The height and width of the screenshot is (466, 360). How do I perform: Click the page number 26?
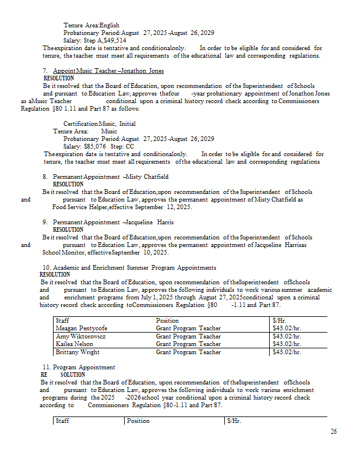pos(333,432)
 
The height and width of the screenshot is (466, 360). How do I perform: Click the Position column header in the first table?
pos(167,320)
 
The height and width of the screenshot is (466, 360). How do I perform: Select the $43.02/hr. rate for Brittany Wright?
pos(287,352)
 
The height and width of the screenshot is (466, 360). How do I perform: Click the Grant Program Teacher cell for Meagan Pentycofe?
pos(188,328)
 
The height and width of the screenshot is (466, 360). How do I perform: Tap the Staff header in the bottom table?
pos(62,421)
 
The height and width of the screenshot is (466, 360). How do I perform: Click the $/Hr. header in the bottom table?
pos(234,421)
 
